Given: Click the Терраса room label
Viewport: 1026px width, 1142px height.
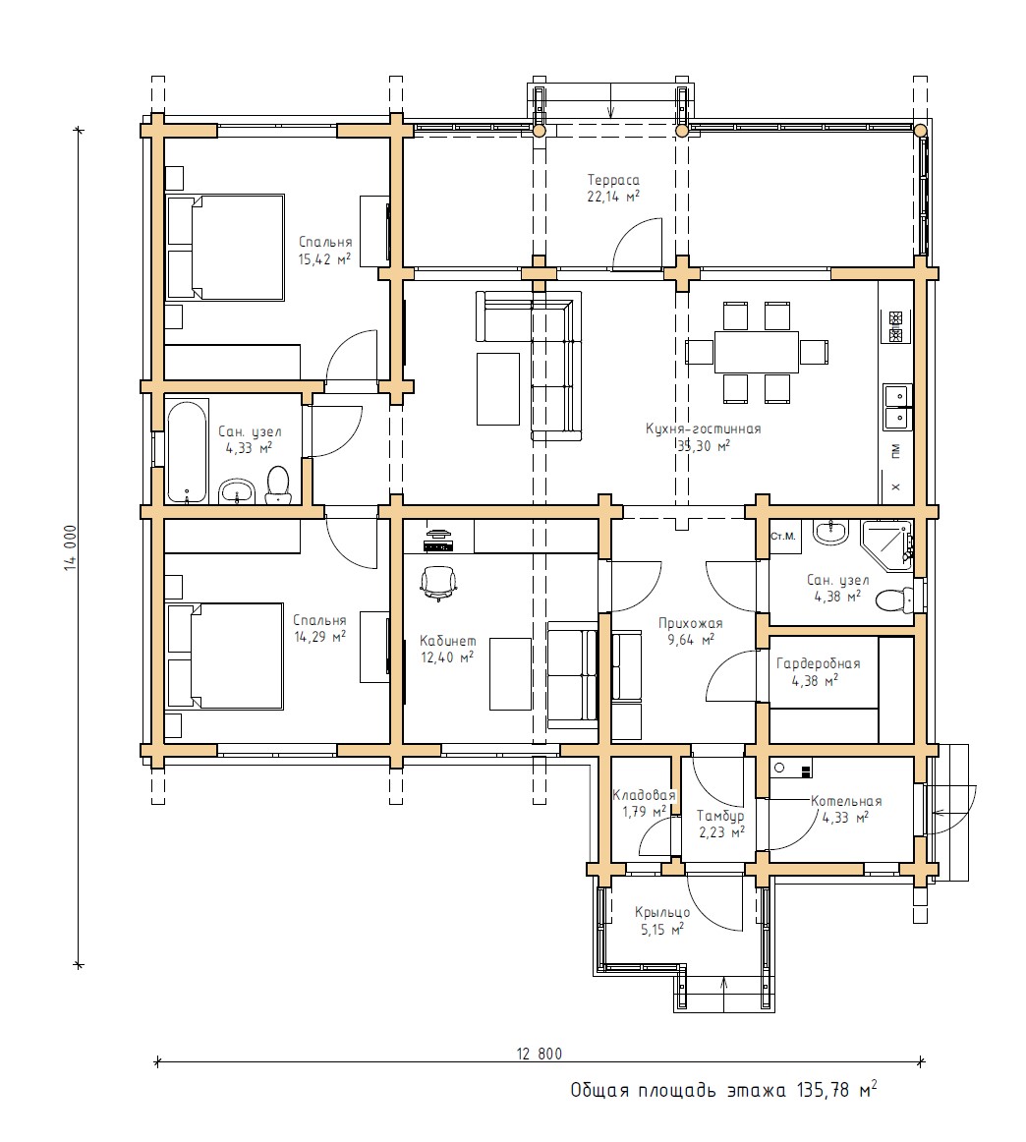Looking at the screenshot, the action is pyautogui.click(x=613, y=180).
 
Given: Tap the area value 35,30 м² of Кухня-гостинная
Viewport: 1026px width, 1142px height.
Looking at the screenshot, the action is pyautogui.click(x=704, y=446).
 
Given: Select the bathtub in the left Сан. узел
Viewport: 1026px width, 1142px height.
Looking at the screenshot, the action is pyautogui.click(x=187, y=451).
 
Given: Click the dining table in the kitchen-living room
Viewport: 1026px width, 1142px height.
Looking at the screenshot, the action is pyautogui.click(x=757, y=353).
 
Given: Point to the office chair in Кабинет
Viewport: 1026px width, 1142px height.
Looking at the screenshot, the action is pyautogui.click(x=438, y=584).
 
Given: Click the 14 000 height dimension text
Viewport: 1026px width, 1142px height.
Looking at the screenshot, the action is pyautogui.click(x=70, y=547).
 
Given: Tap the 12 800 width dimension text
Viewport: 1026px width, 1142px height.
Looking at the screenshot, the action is pyautogui.click(x=540, y=1054).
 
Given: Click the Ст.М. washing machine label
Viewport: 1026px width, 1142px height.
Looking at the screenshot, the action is pyautogui.click(x=783, y=536).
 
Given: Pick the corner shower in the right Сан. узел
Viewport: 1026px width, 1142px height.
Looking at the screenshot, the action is pyautogui.click(x=886, y=542).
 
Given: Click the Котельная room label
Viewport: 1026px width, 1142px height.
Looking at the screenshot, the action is pyautogui.click(x=846, y=801).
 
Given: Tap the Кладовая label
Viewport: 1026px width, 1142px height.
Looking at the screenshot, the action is pyautogui.click(x=645, y=795).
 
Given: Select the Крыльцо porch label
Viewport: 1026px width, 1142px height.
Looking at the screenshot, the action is pyautogui.click(x=662, y=912).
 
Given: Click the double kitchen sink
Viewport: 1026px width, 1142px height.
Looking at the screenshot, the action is pyautogui.click(x=898, y=407).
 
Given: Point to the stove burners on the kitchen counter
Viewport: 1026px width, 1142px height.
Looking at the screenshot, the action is pyautogui.click(x=895, y=327).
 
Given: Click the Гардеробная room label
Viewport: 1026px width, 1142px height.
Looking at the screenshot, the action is pyautogui.click(x=818, y=663).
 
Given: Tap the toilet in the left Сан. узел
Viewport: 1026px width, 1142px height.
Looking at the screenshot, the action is pyautogui.click(x=277, y=485).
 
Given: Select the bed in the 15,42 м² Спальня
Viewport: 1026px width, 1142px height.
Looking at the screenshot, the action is pyautogui.click(x=225, y=247).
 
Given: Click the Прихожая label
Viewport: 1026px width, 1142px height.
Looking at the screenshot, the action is pyautogui.click(x=690, y=623).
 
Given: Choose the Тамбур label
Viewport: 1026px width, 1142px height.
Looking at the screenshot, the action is pyautogui.click(x=720, y=817).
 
